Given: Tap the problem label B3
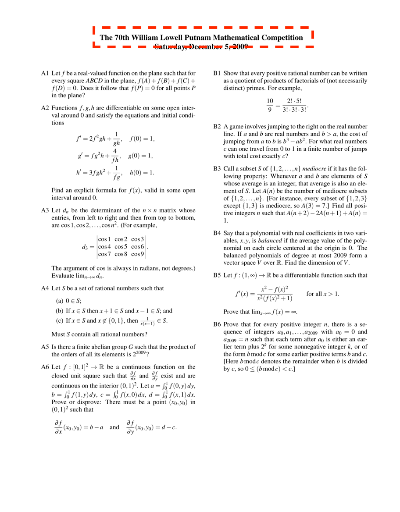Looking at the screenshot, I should (x=217, y=168).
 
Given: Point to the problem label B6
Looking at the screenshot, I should (x=217, y=312).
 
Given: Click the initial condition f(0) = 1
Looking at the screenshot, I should (x=143, y=139).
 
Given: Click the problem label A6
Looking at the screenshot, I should (x=44, y=367).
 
